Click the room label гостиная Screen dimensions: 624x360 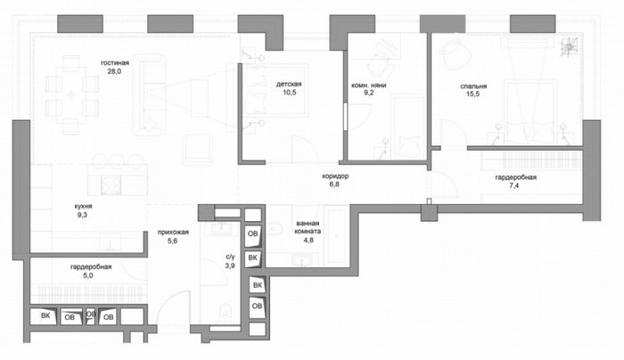click(x=115, y=63)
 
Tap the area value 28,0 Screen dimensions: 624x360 click(x=114, y=71)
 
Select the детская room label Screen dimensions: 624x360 click(x=289, y=85)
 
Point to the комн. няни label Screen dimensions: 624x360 click(x=368, y=86)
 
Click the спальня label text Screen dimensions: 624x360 click(x=473, y=86)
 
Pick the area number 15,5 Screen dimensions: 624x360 click(x=472, y=94)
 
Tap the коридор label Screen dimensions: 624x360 click(x=335, y=176)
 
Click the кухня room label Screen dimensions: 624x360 click(x=83, y=206)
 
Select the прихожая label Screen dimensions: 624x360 click(x=173, y=233)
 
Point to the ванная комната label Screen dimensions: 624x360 click(x=308, y=227)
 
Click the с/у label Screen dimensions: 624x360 click(x=230, y=258)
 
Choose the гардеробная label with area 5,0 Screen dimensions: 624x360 click(x=91, y=267)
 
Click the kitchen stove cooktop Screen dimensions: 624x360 click(x=111, y=185)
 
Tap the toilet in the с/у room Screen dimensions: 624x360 click(x=225, y=312)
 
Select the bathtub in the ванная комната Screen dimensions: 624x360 click(x=337, y=236)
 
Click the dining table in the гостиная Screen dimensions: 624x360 click(x=71, y=95)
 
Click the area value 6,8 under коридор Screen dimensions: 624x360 click(x=334, y=184)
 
